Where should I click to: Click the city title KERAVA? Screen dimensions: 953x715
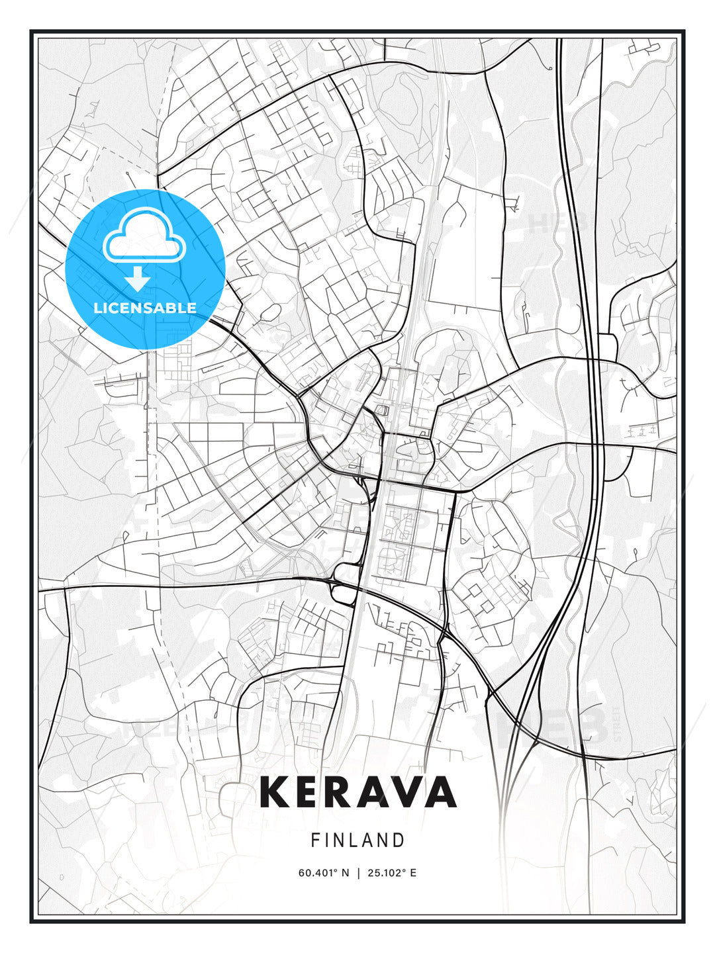(x=358, y=792)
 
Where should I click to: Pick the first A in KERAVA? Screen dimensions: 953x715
(x=375, y=792)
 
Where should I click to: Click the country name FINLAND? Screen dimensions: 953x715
(x=358, y=840)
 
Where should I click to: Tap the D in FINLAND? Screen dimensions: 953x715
(x=399, y=840)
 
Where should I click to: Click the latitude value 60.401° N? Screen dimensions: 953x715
(x=323, y=873)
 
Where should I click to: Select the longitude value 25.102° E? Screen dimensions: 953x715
(x=391, y=873)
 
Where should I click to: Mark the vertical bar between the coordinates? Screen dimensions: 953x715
(x=358, y=873)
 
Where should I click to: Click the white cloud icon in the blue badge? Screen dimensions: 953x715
(x=145, y=236)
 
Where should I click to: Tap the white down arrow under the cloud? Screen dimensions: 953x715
(x=138, y=279)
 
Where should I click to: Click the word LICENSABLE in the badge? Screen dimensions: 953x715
(x=145, y=308)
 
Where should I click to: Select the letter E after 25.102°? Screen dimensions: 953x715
(x=413, y=873)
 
